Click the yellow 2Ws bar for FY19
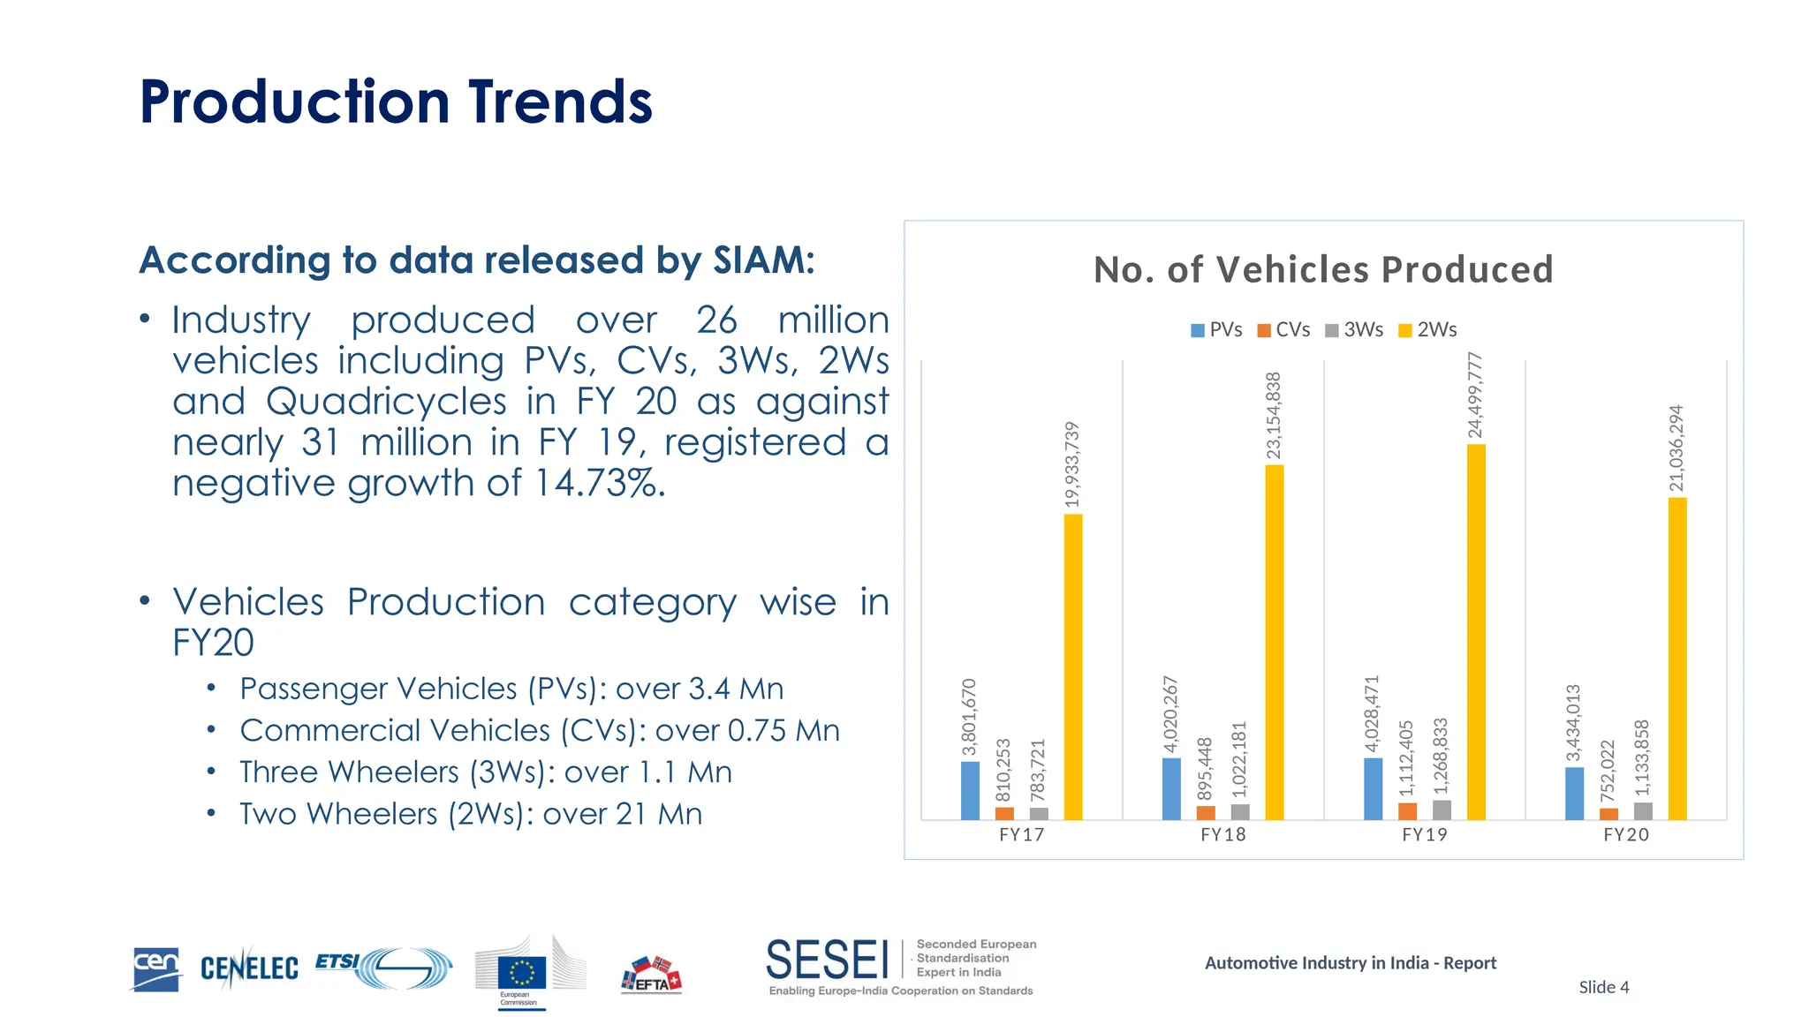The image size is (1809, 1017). tap(1475, 632)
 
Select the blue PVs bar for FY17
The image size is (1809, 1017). tap(970, 791)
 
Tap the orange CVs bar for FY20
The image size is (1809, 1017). tap(1608, 814)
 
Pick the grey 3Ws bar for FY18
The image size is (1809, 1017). tap(1240, 812)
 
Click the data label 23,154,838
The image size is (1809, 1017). tap(1274, 416)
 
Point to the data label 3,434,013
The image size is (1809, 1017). tap(1573, 723)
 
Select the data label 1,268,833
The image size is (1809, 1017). tap(1441, 756)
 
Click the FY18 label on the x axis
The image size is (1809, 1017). tap(1222, 835)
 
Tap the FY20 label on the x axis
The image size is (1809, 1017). tap(1625, 835)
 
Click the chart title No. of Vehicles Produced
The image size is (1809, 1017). tap(1322, 270)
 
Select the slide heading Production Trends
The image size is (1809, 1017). tap(396, 102)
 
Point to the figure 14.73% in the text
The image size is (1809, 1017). tap(600, 483)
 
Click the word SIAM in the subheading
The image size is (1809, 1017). tap(763, 260)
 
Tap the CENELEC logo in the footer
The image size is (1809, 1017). tap(249, 968)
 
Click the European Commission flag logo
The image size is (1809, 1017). tap(522, 972)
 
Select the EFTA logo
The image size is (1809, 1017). tap(652, 976)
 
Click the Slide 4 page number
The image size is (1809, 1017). tap(1603, 987)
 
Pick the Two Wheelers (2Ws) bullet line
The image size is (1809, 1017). tap(471, 814)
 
